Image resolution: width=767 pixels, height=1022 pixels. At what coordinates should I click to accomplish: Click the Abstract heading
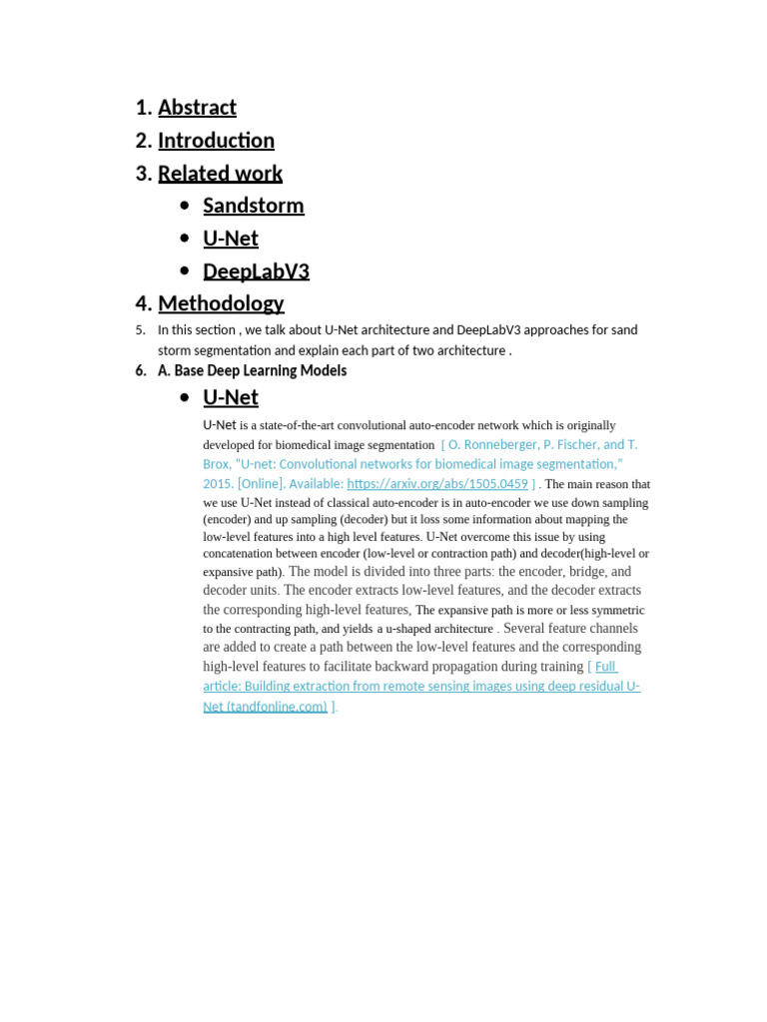click(197, 108)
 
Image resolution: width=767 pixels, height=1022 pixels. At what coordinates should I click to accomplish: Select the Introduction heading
click(216, 141)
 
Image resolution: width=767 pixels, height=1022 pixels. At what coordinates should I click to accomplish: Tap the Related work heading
click(220, 174)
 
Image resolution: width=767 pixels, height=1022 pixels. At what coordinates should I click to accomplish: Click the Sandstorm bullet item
click(253, 206)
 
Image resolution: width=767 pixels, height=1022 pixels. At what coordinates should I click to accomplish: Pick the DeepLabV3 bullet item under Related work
click(256, 271)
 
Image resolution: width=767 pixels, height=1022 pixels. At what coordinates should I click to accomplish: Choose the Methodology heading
click(221, 303)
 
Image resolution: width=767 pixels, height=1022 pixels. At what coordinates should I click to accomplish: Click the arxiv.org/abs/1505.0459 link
click(437, 484)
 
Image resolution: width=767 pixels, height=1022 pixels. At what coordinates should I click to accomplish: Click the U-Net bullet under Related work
click(231, 239)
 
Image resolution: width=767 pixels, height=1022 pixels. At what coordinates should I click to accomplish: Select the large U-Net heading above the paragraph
click(231, 397)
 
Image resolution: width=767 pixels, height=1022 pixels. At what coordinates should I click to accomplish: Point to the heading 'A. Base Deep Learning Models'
click(252, 370)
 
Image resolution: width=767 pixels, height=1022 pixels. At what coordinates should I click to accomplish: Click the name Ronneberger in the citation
click(495, 445)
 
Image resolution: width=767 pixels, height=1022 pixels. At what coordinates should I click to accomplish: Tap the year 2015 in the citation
click(218, 484)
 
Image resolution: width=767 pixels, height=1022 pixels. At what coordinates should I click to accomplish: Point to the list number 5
click(141, 330)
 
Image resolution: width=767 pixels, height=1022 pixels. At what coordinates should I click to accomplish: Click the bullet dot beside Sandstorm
click(184, 206)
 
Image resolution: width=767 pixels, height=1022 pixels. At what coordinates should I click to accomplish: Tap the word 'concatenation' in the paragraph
click(241, 553)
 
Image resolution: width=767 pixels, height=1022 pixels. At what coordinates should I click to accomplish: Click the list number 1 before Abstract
click(143, 108)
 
